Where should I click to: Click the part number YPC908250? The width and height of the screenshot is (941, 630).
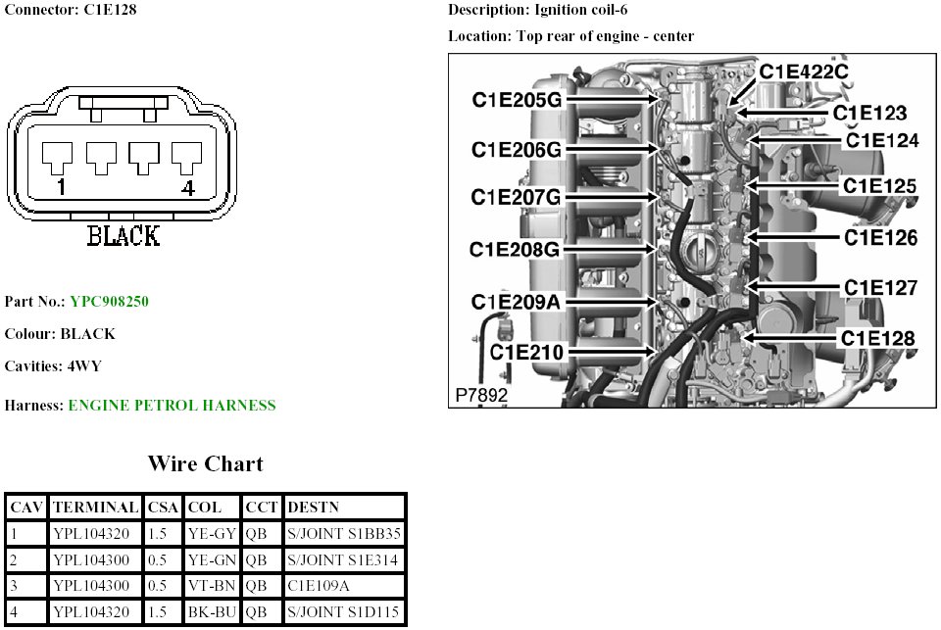(109, 301)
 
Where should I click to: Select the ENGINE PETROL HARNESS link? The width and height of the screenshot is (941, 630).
(172, 405)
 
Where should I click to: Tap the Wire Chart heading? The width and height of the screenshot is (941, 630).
(205, 463)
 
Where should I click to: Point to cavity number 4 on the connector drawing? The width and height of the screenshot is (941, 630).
(185, 187)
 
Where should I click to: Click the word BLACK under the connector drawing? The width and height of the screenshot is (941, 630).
(124, 236)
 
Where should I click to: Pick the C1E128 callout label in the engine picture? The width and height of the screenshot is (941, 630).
(878, 338)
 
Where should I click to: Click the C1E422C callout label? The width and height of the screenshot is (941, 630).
(804, 71)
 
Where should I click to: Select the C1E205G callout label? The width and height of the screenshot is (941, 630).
(517, 99)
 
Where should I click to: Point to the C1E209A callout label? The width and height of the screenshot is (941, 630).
(516, 301)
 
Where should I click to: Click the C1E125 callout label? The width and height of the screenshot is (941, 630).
(880, 186)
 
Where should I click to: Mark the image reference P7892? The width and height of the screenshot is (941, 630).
(481, 395)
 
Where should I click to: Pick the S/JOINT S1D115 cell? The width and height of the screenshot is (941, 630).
(343, 613)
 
